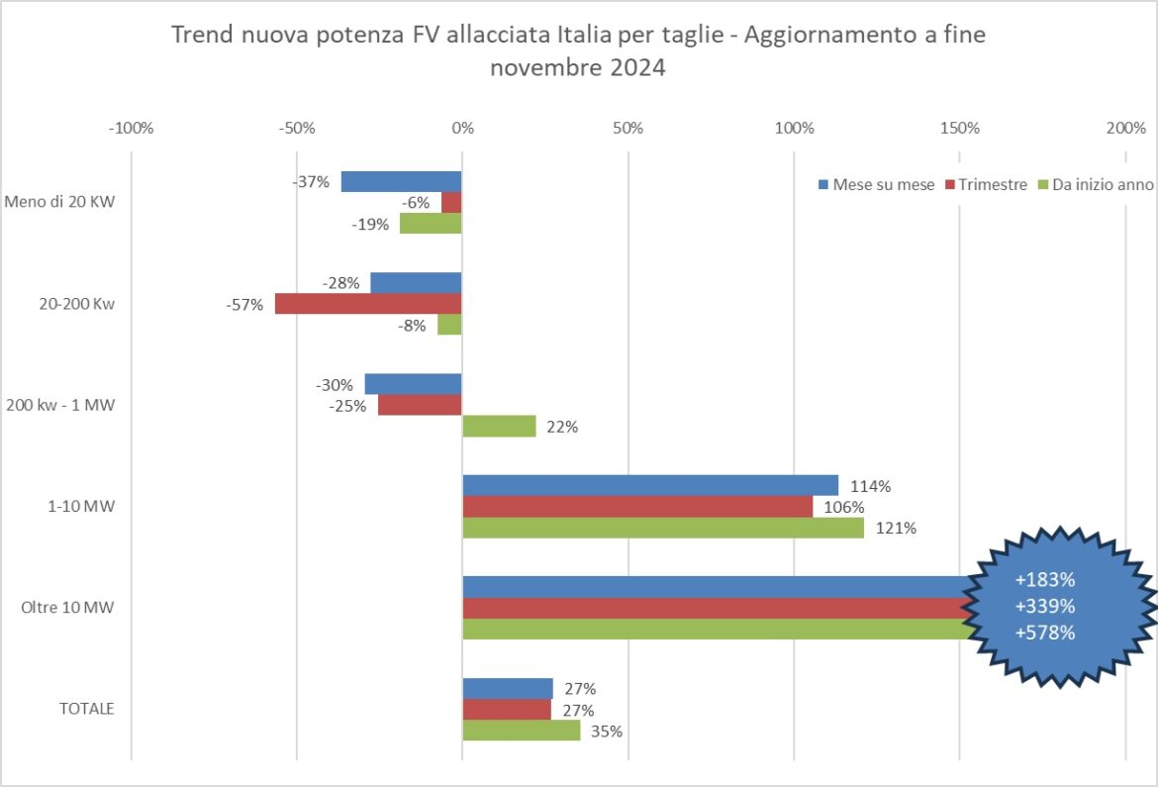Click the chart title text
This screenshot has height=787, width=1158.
coord(578,51)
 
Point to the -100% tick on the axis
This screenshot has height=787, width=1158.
coord(132,129)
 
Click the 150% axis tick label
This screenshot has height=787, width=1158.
coord(959,129)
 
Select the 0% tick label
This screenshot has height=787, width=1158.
coord(462,129)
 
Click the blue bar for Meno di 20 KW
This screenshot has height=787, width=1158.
coord(401,181)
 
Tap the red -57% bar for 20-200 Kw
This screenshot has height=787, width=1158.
coord(368,304)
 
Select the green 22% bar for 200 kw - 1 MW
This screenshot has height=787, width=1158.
coord(499,427)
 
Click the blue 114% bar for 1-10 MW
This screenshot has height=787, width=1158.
coord(650,485)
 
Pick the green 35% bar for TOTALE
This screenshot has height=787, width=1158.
coord(521,731)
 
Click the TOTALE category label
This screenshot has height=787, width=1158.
coord(86,709)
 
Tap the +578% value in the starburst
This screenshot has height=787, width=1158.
coord(1045,633)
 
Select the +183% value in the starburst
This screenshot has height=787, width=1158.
coord(1045,580)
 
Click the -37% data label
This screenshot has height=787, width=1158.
coord(311,181)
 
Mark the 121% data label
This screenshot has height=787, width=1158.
coord(896,528)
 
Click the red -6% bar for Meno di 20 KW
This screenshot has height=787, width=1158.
coord(451,202)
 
